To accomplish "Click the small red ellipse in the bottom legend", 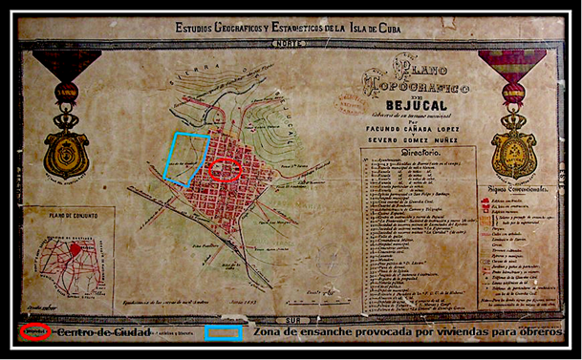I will (x=35, y=333).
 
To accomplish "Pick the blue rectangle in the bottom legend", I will (x=223, y=333).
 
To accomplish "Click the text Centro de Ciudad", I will (x=104, y=332).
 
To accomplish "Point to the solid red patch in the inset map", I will (x=76, y=249).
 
